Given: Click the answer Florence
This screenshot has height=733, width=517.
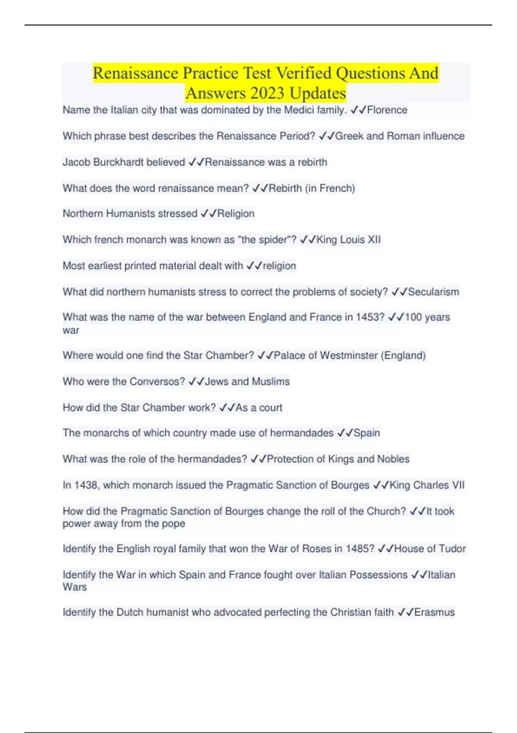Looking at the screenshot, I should (387, 110).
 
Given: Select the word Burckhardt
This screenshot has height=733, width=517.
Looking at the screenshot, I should (118, 162).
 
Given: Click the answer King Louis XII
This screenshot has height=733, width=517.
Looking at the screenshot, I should (349, 240).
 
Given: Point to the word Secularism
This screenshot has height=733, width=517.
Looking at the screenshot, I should (433, 292).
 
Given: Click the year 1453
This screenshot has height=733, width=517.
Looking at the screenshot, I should (370, 317).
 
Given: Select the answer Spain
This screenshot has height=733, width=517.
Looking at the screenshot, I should (367, 433).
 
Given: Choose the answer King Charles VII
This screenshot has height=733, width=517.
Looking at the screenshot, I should (427, 485).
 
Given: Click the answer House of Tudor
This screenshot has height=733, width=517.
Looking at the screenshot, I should (430, 548).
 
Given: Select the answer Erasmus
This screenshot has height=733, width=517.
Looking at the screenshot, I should (434, 612).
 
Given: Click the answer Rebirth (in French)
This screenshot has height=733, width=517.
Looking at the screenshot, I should (312, 188).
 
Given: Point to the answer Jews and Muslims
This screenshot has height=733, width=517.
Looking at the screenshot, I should (247, 382).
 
